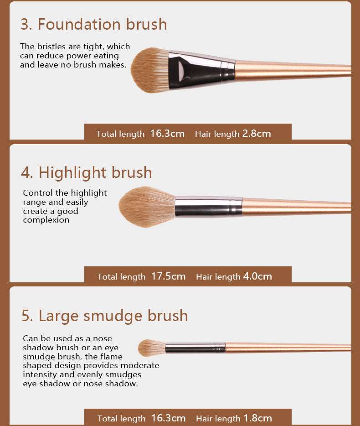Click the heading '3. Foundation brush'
[x=94, y=24]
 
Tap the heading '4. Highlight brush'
[x=86, y=172]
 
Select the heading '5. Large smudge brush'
[x=104, y=316]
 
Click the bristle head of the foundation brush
[x=150, y=70]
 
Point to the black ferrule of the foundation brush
[x=201, y=69]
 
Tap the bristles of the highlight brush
[x=147, y=207]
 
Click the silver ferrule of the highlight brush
[x=209, y=207]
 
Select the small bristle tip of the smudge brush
[x=151, y=348]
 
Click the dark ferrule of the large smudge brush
[x=195, y=348]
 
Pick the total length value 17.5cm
[x=168, y=276]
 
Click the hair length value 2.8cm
[x=257, y=133]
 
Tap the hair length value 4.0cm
[x=257, y=276]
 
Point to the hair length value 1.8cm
[x=257, y=418]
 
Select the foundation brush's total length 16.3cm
[x=167, y=133]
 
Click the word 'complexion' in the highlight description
[x=46, y=220]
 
